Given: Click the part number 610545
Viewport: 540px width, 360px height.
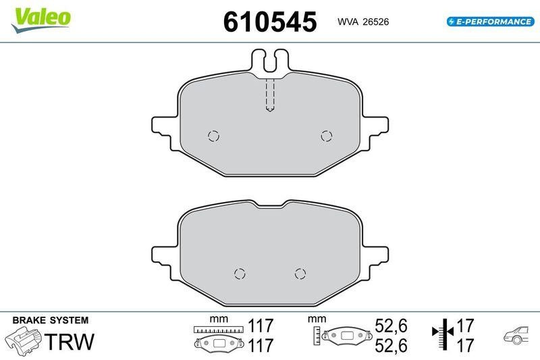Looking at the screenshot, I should tap(270, 22).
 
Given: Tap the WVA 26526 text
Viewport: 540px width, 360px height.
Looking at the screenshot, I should tap(362, 22).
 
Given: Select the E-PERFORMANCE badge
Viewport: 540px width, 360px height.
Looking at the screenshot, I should tap(490, 22).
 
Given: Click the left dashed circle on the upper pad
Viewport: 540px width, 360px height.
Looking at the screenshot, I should tap(214, 136).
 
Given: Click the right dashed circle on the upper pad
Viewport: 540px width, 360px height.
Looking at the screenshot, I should tap(327, 136).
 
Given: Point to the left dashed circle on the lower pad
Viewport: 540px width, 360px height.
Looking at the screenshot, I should tap(238, 274).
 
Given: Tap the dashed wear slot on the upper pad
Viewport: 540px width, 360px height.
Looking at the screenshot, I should tap(270, 95).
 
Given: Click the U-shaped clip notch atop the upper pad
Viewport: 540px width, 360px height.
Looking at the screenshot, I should tap(270, 61).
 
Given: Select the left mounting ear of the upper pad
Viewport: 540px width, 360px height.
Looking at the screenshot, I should tap(166, 126).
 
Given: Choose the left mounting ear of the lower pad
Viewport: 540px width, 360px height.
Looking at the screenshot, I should tap(166, 254).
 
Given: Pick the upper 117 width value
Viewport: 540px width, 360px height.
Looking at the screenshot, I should tap(260, 326).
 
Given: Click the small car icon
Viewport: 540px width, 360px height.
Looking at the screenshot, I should tap(516, 336).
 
